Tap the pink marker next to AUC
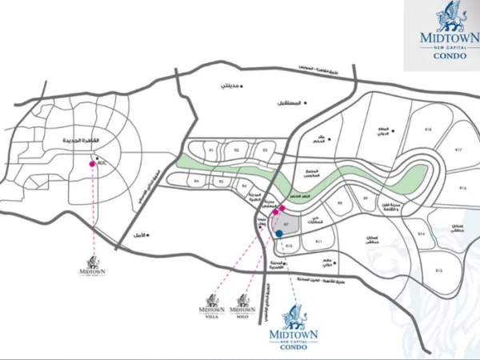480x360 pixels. [x=93, y=164]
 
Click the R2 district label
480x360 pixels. [x=236, y=150]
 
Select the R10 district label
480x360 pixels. [x=289, y=246]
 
